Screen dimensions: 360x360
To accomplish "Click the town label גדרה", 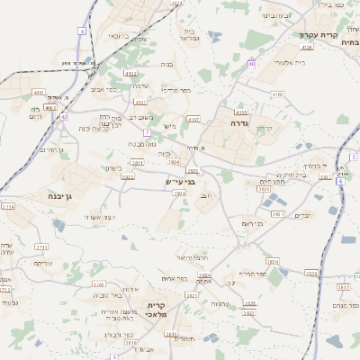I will click(x=238, y=122).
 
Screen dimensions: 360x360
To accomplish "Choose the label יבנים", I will click(x=303, y=214).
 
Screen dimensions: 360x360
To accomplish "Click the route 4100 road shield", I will click(x=276, y=94).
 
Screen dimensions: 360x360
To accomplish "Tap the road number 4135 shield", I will click(x=307, y=47).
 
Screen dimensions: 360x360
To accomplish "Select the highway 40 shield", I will click(x=253, y=64).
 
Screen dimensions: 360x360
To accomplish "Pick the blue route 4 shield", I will click(x=82, y=31).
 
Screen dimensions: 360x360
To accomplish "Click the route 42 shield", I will click(x=64, y=117).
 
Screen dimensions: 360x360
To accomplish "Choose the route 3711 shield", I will click(x=41, y=246).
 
